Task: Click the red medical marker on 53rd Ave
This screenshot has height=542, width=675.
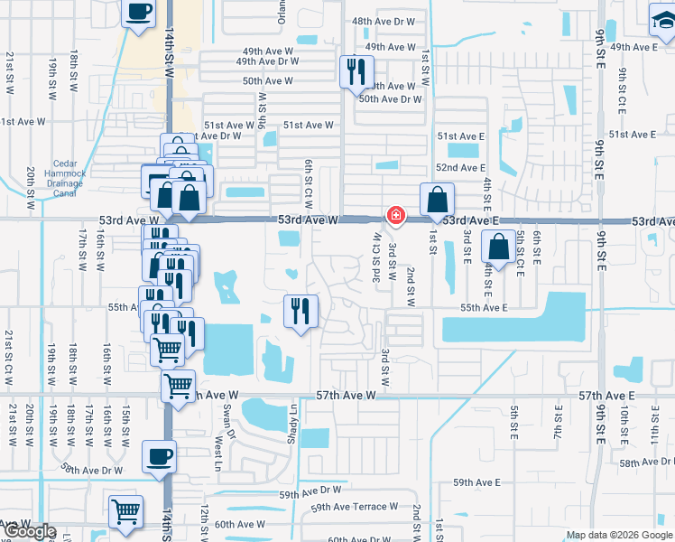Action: pos(395,215)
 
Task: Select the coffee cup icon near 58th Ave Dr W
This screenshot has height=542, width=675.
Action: pos(160,457)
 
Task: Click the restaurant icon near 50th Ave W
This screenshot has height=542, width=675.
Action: pos(356,70)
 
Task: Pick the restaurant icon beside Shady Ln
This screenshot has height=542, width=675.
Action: pos(300,311)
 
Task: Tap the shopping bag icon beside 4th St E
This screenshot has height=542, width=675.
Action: pos(498,246)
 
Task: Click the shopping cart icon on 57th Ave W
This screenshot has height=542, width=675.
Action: pos(178,386)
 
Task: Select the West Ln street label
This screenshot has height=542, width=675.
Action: pos(218,454)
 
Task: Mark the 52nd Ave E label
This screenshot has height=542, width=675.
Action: pos(460,168)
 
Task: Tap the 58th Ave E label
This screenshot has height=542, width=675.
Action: pos(648,462)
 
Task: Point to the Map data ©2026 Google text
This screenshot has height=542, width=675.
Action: pos(620,535)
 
